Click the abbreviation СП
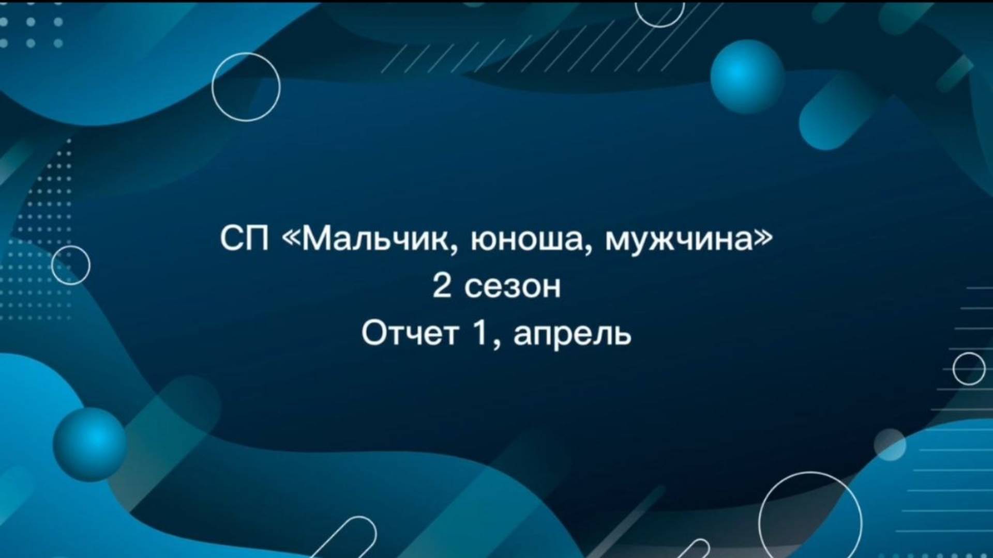click(x=244, y=239)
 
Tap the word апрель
click(x=573, y=336)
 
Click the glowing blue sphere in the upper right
click(x=747, y=76)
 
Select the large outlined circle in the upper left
click(x=246, y=53)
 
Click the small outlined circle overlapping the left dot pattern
click(x=71, y=246)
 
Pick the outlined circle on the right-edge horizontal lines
click(x=969, y=353)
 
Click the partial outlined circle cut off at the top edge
click(x=659, y=27)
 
